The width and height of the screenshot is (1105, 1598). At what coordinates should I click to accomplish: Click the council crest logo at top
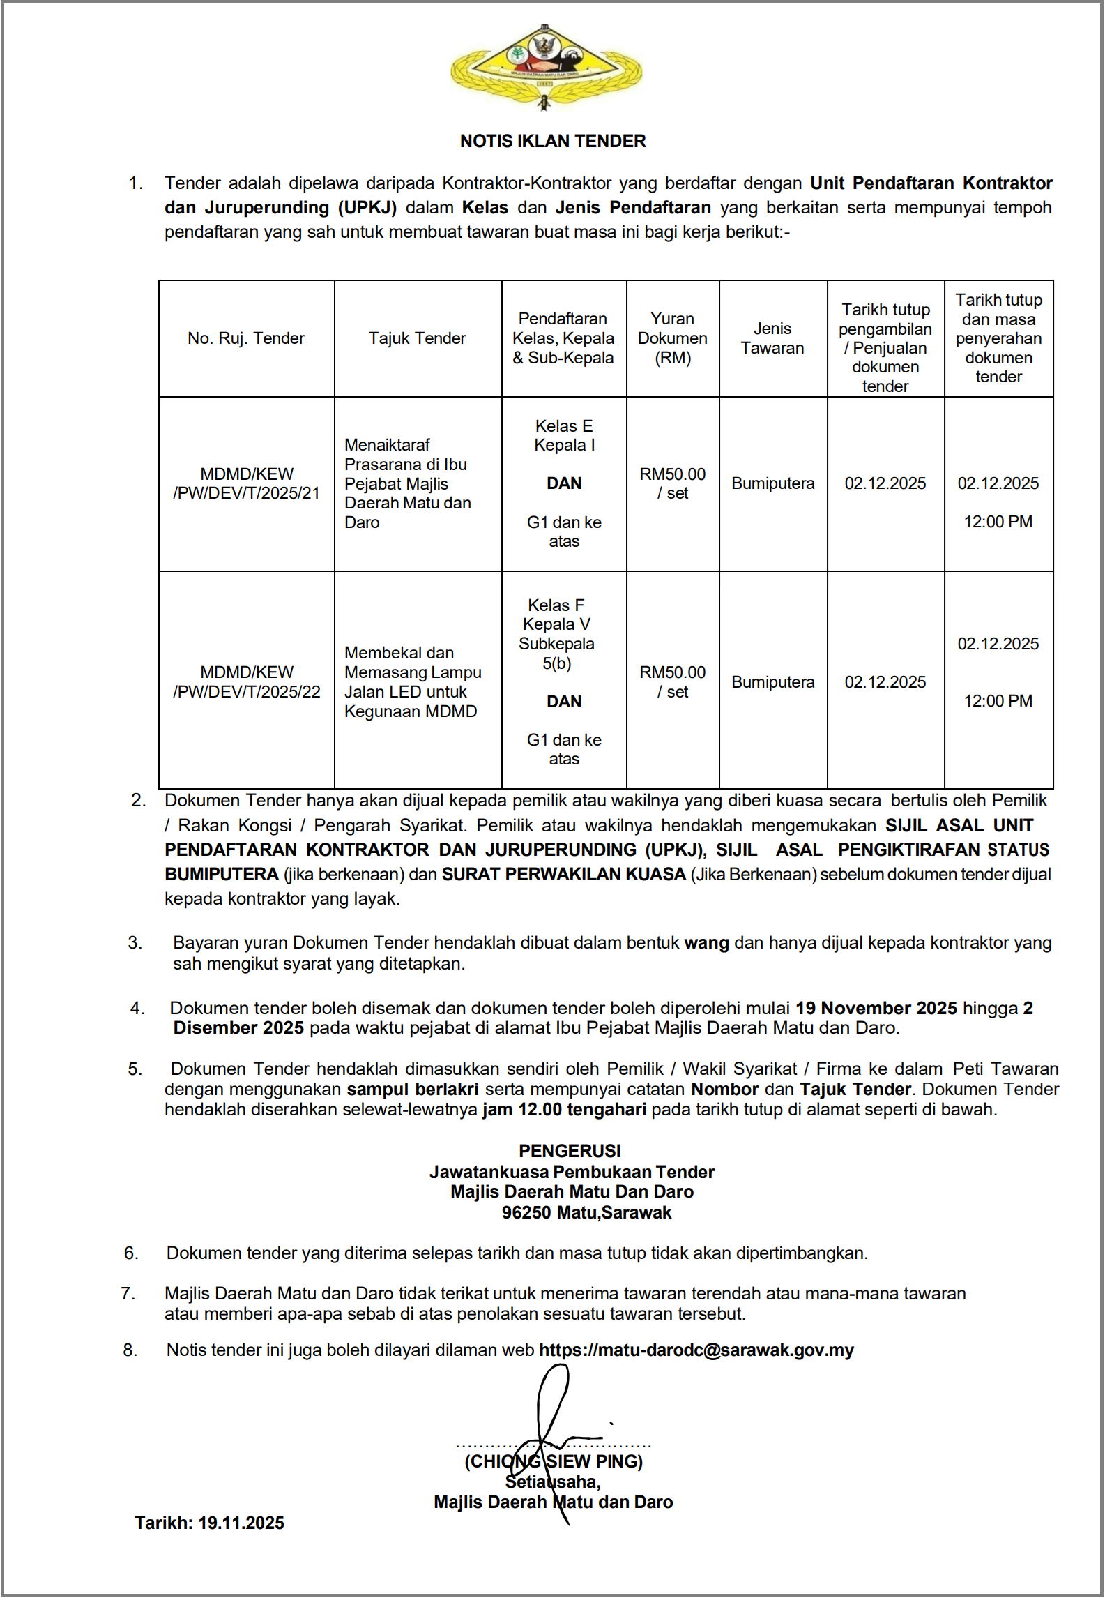point(546,67)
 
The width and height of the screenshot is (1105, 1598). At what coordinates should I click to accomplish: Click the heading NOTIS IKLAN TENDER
point(553,141)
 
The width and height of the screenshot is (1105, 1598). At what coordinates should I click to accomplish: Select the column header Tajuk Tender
point(417,338)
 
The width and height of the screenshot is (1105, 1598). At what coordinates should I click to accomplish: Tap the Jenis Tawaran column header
point(772,338)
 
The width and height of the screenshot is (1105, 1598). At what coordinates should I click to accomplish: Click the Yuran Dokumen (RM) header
point(672,338)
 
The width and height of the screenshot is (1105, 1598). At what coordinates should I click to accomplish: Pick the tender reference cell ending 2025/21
point(247,483)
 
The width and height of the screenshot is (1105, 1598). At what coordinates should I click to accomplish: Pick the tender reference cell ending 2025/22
point(247,682)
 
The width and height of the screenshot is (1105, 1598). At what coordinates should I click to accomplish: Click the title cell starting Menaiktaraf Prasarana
point(408,483)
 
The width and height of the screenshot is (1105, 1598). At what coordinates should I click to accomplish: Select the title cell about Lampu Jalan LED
point(413,682)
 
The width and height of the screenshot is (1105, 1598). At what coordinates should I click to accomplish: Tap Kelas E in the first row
point(563,425)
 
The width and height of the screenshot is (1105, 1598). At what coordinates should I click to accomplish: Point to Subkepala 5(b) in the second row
point(556,654)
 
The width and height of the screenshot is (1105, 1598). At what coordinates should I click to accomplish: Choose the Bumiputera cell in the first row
point(772,483)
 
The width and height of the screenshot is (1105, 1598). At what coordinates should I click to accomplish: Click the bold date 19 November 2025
point(876,1008)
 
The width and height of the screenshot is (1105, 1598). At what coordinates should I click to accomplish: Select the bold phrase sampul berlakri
point(413,1089)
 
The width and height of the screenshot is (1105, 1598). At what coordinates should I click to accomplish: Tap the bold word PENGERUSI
point(570,1151)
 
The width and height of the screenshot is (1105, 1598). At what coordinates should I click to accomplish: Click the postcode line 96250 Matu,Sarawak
point(586,1212)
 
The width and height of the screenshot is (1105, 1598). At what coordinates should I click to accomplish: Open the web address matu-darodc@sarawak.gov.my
point(696,1350)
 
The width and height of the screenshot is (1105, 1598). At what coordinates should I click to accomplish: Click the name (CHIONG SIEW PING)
point(554,1461)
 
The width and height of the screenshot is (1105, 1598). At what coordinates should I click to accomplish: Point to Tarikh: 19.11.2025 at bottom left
point(209,1523)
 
